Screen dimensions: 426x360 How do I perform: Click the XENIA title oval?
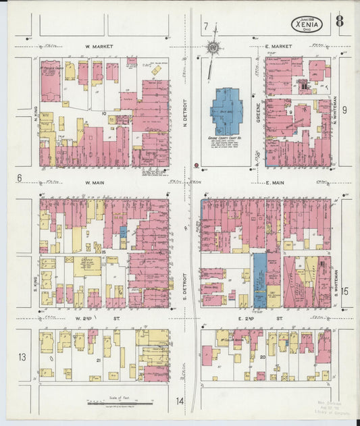tap(308, 24)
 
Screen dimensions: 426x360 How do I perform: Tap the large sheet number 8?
tap(339, 22)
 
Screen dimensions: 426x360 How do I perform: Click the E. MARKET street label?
tap(278, 47)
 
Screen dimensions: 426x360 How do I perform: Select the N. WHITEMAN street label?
tap(336, 108)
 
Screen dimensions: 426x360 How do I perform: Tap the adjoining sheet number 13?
tap(22, 356)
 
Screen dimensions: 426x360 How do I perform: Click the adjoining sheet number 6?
tap(20, 178)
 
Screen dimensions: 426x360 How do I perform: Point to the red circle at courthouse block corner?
tap(196, 165)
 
